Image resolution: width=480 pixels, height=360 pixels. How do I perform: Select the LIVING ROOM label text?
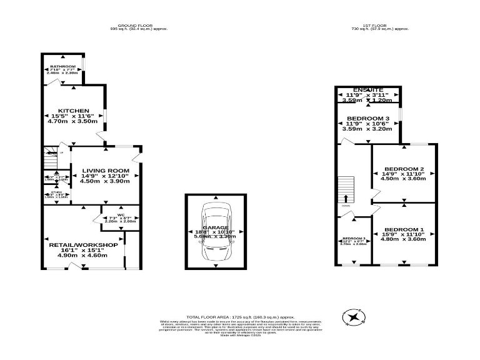105,171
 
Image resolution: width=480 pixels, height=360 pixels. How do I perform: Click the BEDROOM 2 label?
404,169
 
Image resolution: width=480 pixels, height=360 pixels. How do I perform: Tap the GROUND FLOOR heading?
139,26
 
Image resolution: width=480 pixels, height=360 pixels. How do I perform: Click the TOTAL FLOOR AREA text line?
240,317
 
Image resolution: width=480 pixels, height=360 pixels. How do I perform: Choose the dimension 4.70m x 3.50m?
74,121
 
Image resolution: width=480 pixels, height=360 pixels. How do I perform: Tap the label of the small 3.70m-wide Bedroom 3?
354,239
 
